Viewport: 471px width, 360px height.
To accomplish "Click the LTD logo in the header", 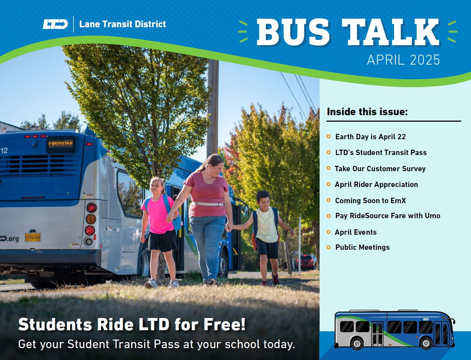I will tap(55, 24).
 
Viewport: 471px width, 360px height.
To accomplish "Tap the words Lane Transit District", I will tap(122, 24).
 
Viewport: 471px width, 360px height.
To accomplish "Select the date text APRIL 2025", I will tap(403, 60).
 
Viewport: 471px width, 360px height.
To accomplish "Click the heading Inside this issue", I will tap(367, 112).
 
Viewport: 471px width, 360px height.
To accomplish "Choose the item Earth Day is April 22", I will tap(370, 137).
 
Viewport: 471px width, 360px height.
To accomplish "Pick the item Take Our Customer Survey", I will tap(380, 169).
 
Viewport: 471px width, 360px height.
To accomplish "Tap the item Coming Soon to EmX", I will tap(370, 201).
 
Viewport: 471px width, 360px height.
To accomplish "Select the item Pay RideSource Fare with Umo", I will tap(387, 216).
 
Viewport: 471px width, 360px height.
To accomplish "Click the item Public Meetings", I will tap(362, 247).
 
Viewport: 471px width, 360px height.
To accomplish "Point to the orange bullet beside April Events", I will tap(329, 232).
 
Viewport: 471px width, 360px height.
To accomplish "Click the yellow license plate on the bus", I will tap(33, 237).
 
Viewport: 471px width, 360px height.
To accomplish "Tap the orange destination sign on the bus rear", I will tap(61, 144).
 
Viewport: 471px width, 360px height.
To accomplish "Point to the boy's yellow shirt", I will tap(267, 225).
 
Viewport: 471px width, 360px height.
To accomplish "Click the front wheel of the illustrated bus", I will tap(426, 342).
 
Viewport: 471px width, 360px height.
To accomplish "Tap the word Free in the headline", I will tap(225, 324).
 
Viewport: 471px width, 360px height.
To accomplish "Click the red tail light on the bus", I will tap(91, 207).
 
